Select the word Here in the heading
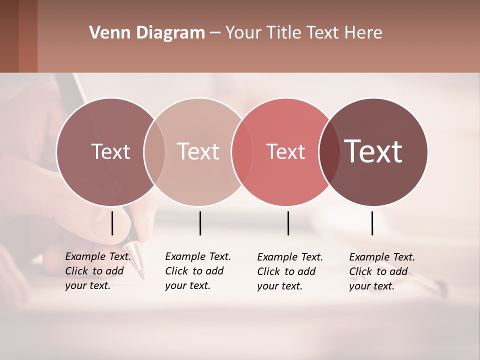click(363, 33)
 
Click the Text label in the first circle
click(110, 151)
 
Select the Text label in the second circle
click(198, 151)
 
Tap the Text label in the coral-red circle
click(285, 151)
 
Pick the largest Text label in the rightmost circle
click(373, 151)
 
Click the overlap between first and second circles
click(154, 152)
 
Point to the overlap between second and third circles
click(242, 152)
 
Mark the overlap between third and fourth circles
click(329, 152)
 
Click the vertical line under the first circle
click(112, 223)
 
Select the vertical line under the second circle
click(200, 223)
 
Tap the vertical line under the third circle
click(288, 223)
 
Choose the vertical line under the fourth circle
click(372, 223)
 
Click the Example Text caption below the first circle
click(97, 271)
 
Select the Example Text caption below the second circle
click(197, 271)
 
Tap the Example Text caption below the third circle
click(289, 271)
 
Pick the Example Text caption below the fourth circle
click(381, 271)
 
